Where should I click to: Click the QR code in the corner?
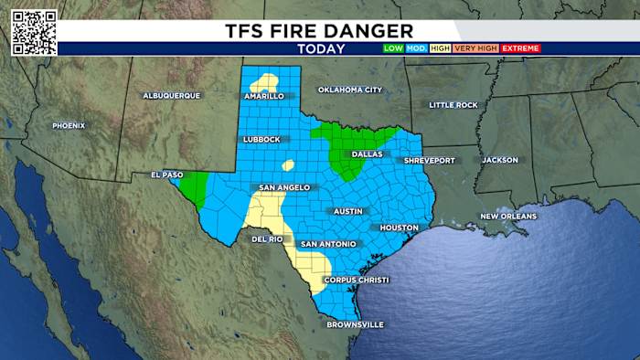[x=34, y=32]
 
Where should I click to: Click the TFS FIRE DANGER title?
[x=319, y=30]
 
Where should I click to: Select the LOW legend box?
[x=393, y=48]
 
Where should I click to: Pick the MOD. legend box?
[x=417, y=48]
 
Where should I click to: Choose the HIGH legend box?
[x=441, y=48]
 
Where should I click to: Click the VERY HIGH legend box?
[x=475, y=48]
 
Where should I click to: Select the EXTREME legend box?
[x=520, y=48]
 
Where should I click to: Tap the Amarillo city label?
[x=265, y=96]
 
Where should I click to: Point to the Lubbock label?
[x=261, y=140]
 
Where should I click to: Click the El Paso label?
[x=168, y=175]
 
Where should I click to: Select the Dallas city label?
[x=366, y=154]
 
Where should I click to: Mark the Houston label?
[x=400, y=228]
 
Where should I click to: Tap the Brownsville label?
[x=357, y=324]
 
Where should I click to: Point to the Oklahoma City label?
[x=349, y=90]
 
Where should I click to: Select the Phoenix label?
[x=69, y=125]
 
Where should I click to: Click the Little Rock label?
[x=453, y=105]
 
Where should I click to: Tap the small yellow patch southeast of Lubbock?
[x=288, y=165]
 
